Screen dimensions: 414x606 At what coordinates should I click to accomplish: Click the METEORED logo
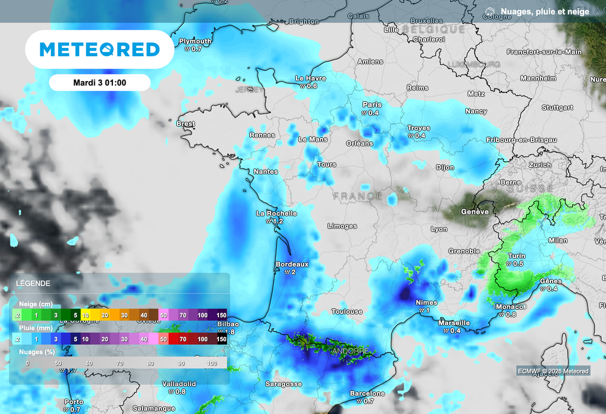(99, 49)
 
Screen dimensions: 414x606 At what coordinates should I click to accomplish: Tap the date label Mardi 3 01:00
(99, 82)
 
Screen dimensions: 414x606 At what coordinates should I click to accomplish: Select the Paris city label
(372, 105)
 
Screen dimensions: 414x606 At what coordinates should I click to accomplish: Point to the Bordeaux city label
(292, 264)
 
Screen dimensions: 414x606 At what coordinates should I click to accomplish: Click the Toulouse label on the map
(347, 312)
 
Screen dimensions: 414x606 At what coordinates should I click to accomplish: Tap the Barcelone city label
(367, 393)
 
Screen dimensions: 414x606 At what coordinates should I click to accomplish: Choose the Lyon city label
(439, 229)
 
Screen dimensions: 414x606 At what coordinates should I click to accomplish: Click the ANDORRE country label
(352, 351)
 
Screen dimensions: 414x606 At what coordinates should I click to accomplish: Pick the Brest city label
(186, 124)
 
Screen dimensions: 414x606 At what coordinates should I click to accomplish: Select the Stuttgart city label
(557, 108)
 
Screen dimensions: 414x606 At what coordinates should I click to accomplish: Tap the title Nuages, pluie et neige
(544, 11)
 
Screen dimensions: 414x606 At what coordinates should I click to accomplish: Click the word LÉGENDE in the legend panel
(33, 284)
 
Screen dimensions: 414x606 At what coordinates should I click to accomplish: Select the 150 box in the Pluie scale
(221, 339)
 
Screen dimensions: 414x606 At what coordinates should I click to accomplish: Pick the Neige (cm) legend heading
(36, 304)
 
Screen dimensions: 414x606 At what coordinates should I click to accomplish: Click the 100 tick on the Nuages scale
(212, 363)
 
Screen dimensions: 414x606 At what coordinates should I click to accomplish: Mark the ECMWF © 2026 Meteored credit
(553, 371)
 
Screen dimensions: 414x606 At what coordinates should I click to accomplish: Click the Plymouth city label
(195, 41)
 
